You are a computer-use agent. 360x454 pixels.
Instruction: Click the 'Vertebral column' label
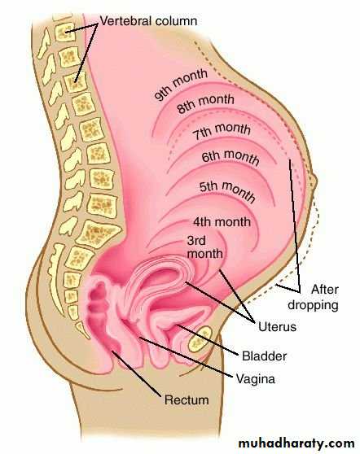[148, 21]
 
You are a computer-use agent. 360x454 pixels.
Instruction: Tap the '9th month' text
[181, 85]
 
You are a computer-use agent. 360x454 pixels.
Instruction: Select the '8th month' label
[205, 103]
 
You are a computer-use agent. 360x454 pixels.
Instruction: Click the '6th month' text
[230, 157]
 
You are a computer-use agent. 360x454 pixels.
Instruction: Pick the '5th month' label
[227, 190]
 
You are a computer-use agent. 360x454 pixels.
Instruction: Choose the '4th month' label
[222, 222]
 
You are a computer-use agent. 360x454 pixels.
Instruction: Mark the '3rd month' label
[205, 247]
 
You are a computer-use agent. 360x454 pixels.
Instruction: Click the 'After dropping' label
[313, 297]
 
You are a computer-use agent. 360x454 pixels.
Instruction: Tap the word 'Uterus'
[277, 326]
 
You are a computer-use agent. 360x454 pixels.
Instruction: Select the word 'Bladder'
[265, 356]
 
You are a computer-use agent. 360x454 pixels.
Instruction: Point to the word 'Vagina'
[256, 378]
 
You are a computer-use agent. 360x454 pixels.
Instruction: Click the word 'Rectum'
[187, 399]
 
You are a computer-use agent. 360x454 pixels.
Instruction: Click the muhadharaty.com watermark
[296, 443]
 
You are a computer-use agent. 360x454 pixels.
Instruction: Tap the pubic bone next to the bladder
[200, 339]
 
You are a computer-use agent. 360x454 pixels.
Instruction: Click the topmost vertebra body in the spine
[64, 32]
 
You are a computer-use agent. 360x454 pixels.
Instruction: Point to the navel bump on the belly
[314, 181]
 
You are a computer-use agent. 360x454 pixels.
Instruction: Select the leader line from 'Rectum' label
[136, 373]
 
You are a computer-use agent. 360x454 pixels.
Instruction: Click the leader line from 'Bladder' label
[207, 339]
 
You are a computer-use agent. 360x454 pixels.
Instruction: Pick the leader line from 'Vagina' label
[186, 357]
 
